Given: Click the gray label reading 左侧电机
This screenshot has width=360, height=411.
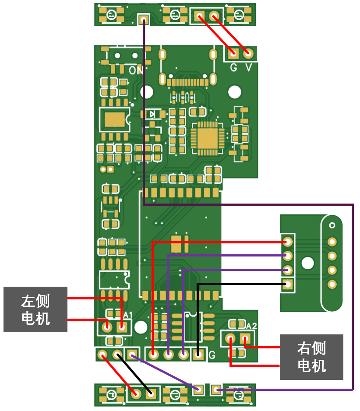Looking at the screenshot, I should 35,309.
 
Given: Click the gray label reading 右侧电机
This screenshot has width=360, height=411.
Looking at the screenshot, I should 311,357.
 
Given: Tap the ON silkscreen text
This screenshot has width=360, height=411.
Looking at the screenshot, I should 135,70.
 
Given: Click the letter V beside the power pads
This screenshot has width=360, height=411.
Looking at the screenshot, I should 249,67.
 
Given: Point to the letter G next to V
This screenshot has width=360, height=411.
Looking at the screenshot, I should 233,67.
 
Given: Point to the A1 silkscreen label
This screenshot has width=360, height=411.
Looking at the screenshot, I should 128,315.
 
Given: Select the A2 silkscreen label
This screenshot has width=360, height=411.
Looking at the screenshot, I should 251,326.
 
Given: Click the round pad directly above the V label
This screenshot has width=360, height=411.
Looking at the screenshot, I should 248,53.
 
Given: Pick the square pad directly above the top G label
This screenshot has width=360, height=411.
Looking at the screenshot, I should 233,53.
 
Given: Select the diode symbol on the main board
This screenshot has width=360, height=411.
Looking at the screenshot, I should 153,114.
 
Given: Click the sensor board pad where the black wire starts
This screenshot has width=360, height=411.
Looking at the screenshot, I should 288,284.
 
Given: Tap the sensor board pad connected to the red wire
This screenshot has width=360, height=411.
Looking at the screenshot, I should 288,241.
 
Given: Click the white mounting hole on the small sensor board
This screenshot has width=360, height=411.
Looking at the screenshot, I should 308,263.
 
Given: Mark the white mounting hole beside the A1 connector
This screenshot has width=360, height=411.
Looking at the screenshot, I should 141,327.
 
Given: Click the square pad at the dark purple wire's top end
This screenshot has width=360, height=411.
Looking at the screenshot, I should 143,19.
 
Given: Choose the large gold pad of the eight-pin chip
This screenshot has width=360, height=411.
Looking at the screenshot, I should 115,119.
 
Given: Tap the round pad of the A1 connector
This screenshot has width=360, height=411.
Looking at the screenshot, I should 106,326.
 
